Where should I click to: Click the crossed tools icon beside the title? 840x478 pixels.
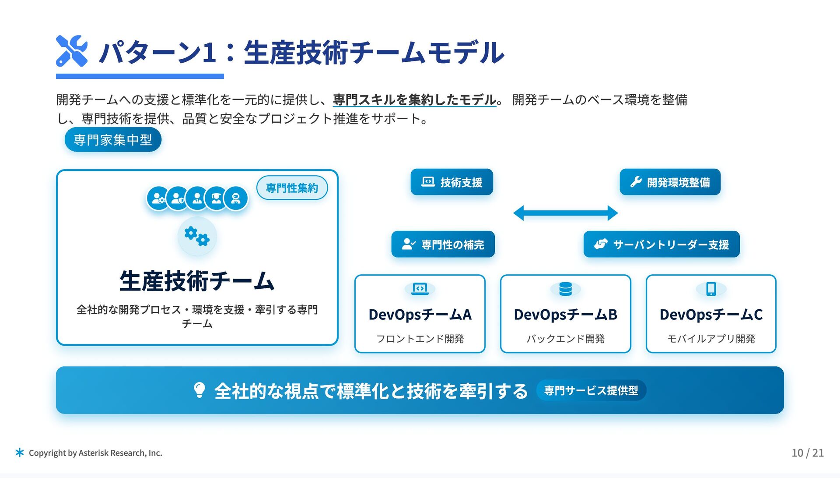tap(72, 51)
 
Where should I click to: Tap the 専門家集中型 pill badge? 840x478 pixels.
tap(113, 140)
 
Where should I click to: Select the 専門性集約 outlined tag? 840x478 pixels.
tap(292, 188)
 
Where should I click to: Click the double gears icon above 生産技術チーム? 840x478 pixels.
tap(197, 236)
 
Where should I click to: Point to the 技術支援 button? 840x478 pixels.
tap(451, 182)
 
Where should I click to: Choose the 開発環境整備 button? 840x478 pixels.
tap(670, 182)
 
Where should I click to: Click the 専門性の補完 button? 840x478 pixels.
tap(443, 244)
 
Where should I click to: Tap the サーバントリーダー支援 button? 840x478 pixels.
tap(661, 244)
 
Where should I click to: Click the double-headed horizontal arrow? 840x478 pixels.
tap(565, 213)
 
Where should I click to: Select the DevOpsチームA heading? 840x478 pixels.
tap(420, 315)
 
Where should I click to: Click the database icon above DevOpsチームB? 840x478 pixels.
tap(565, 289)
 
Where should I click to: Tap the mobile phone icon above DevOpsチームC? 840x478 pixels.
tap(711, 289)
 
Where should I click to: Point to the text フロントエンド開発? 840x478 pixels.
tap(420, 339)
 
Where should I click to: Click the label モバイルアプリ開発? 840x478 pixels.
tap(711, 339)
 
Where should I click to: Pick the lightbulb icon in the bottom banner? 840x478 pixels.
tap(199, 390)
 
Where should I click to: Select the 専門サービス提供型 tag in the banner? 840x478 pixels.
tap(591, 390)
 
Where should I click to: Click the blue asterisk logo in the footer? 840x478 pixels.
tap(20, 453)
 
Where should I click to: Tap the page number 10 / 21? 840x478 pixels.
tap(807, 453)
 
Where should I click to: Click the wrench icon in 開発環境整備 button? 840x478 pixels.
tap(636, 182)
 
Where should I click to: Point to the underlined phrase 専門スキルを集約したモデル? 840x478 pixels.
tap(414, 100)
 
